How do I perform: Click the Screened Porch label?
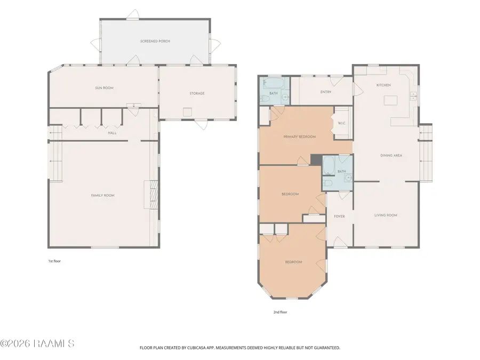(155, 41)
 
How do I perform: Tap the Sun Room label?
(104, 88)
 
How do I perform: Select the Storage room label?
(197, 93)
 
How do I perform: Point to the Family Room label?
(102, 195)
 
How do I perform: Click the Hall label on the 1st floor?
(112, 133)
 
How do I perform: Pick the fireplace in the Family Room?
(151, 195)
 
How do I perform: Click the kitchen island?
(390, 100)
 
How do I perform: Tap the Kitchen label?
(383, 85)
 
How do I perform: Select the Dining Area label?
(391, 156)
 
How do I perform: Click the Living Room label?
(386, 215)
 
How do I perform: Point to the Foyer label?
(339, 217)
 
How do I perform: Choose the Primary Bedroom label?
(299, 137)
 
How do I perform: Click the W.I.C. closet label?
(342, 123)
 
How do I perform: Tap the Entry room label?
(326, 92)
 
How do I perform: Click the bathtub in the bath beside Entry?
(274, 83)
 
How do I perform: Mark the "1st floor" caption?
(54, 261)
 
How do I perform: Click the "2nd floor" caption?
(280, 312)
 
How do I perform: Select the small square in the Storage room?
(187, 112)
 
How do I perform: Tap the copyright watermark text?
(37, 343)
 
